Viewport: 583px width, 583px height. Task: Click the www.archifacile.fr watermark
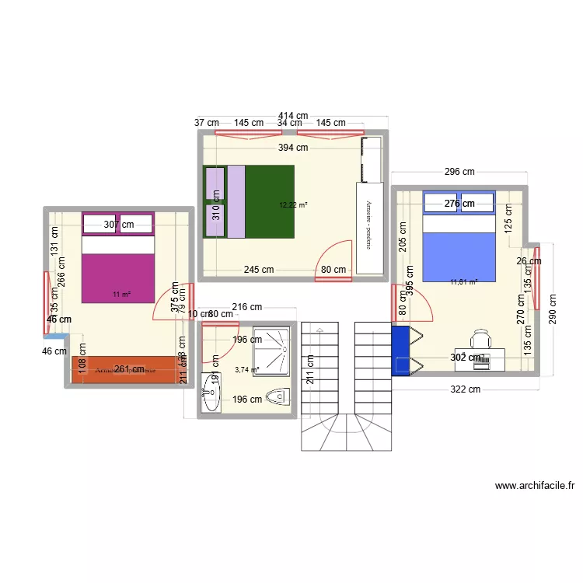point(535,487)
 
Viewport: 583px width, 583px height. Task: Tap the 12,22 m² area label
point(293,205)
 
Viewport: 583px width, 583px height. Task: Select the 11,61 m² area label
point(463,283)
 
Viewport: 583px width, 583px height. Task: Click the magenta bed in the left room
point(118,267)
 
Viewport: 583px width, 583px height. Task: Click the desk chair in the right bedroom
point(482,339)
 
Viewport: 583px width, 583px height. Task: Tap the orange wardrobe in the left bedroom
point(124,370)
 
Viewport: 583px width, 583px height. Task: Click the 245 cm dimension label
point(258,271)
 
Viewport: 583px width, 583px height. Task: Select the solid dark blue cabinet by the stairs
point(400,351)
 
